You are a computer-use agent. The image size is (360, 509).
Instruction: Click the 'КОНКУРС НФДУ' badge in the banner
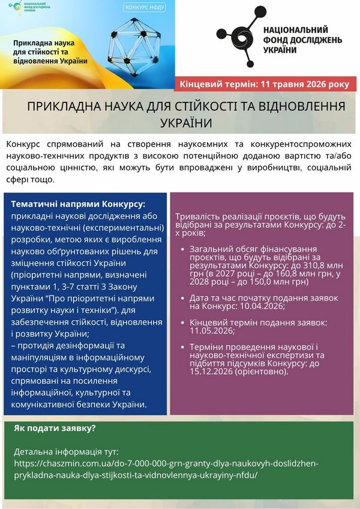pyautogui.click(x=145, y=8)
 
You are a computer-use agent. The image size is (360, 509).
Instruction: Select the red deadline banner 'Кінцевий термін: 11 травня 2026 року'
pyautogui.click(x=265, y=85)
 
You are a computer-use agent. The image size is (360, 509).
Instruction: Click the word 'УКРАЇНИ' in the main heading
pyautogui.click(x=187, y=122)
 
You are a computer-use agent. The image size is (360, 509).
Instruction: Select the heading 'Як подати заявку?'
pyautogui.click(x=55, y=429)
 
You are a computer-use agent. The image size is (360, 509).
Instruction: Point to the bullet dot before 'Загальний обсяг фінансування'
pyautogui.click(x=182, y=248)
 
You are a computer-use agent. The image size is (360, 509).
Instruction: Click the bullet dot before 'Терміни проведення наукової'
pyautogui.click(x=182, y=347)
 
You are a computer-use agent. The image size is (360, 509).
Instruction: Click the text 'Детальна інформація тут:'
pyautogui.click(x=66, y=451)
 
